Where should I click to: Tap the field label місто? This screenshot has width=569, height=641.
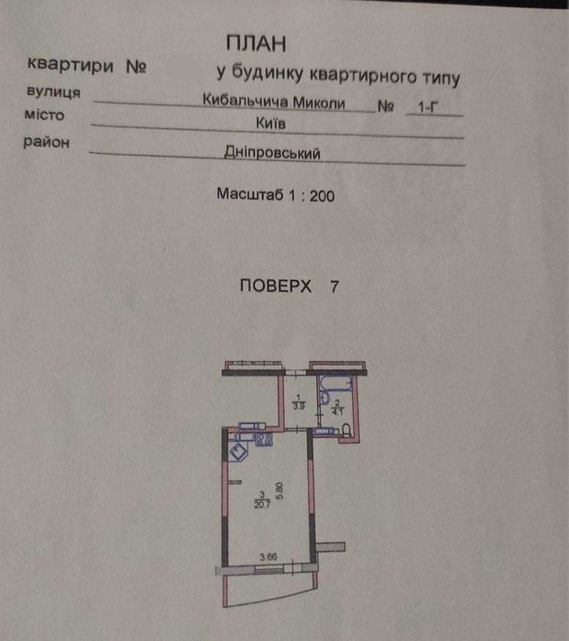tap(43, 117)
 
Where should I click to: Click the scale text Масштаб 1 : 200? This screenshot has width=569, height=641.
tap(276, 195)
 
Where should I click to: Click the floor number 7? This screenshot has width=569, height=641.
tap(334, 285)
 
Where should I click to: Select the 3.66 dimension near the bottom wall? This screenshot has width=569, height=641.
tap(268, 555)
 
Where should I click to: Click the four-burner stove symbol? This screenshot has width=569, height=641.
tap(262, 440)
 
